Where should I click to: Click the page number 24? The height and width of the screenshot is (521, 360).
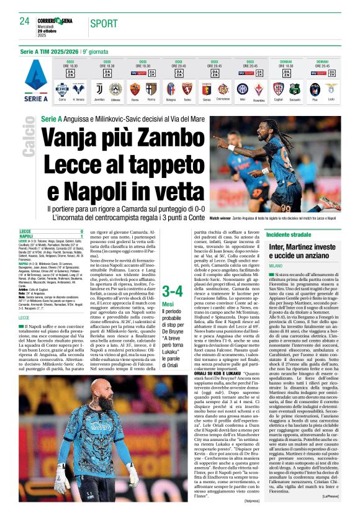(25, 21)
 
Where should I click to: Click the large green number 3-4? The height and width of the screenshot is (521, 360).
(171, 292)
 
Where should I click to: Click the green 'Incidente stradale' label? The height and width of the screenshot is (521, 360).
(288, 235)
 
